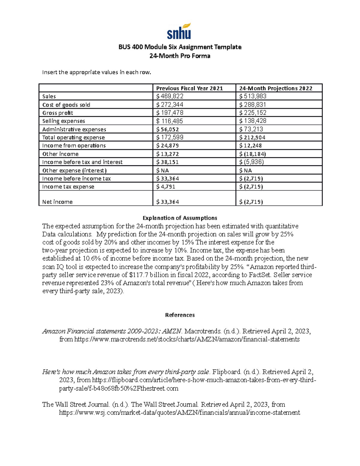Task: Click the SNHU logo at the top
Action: (x=179, y=31)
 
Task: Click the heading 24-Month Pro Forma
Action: (x=180, y=56)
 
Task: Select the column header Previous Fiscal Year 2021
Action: (x=189, y=88)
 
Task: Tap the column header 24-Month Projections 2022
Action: (x=275, y=88)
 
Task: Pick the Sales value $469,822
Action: (x=170, y=96)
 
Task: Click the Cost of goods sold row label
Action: (x=66, y=105)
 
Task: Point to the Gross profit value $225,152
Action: (x=253, y=113)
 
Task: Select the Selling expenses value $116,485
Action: (x=169, y=121)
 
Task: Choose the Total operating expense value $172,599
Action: (x=170, y=137)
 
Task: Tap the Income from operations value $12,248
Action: (x=250, y=146)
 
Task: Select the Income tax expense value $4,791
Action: (x=166, y=187)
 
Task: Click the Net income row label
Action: (x=57, y=202)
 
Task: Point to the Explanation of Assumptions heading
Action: (x=180, y=218)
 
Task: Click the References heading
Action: (x=180, y=315)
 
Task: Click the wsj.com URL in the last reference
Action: (x=179, y=413)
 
